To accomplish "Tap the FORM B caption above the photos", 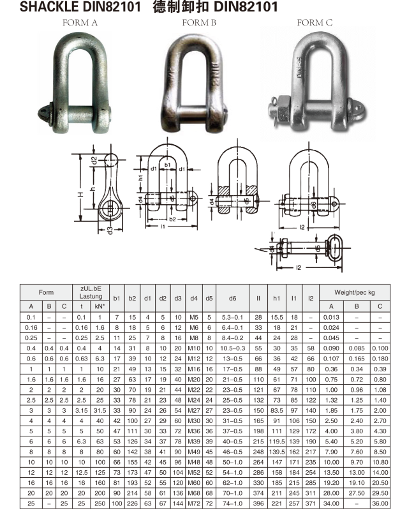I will pyautogui.click(x=199, y=23).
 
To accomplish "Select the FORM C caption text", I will pyautogui.click(x=315, y=23).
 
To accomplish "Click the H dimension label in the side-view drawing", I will pyautogui.click(x=81, y=195).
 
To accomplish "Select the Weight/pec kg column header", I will pyautogui.click(x=357, y=293).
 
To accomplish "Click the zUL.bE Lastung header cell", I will pyautogui.click(x=91, y=293).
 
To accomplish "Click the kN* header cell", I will pyautogui.click(x=100, y=306).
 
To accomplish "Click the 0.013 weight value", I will pyautogui.click(x=331, y=317).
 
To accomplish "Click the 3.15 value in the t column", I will pyautogui.click(x=81, y=411).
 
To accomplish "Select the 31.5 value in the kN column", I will pyautogui.click(x=100, y=411).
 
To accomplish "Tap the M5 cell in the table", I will pyautogui.click(x=193, y=317).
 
